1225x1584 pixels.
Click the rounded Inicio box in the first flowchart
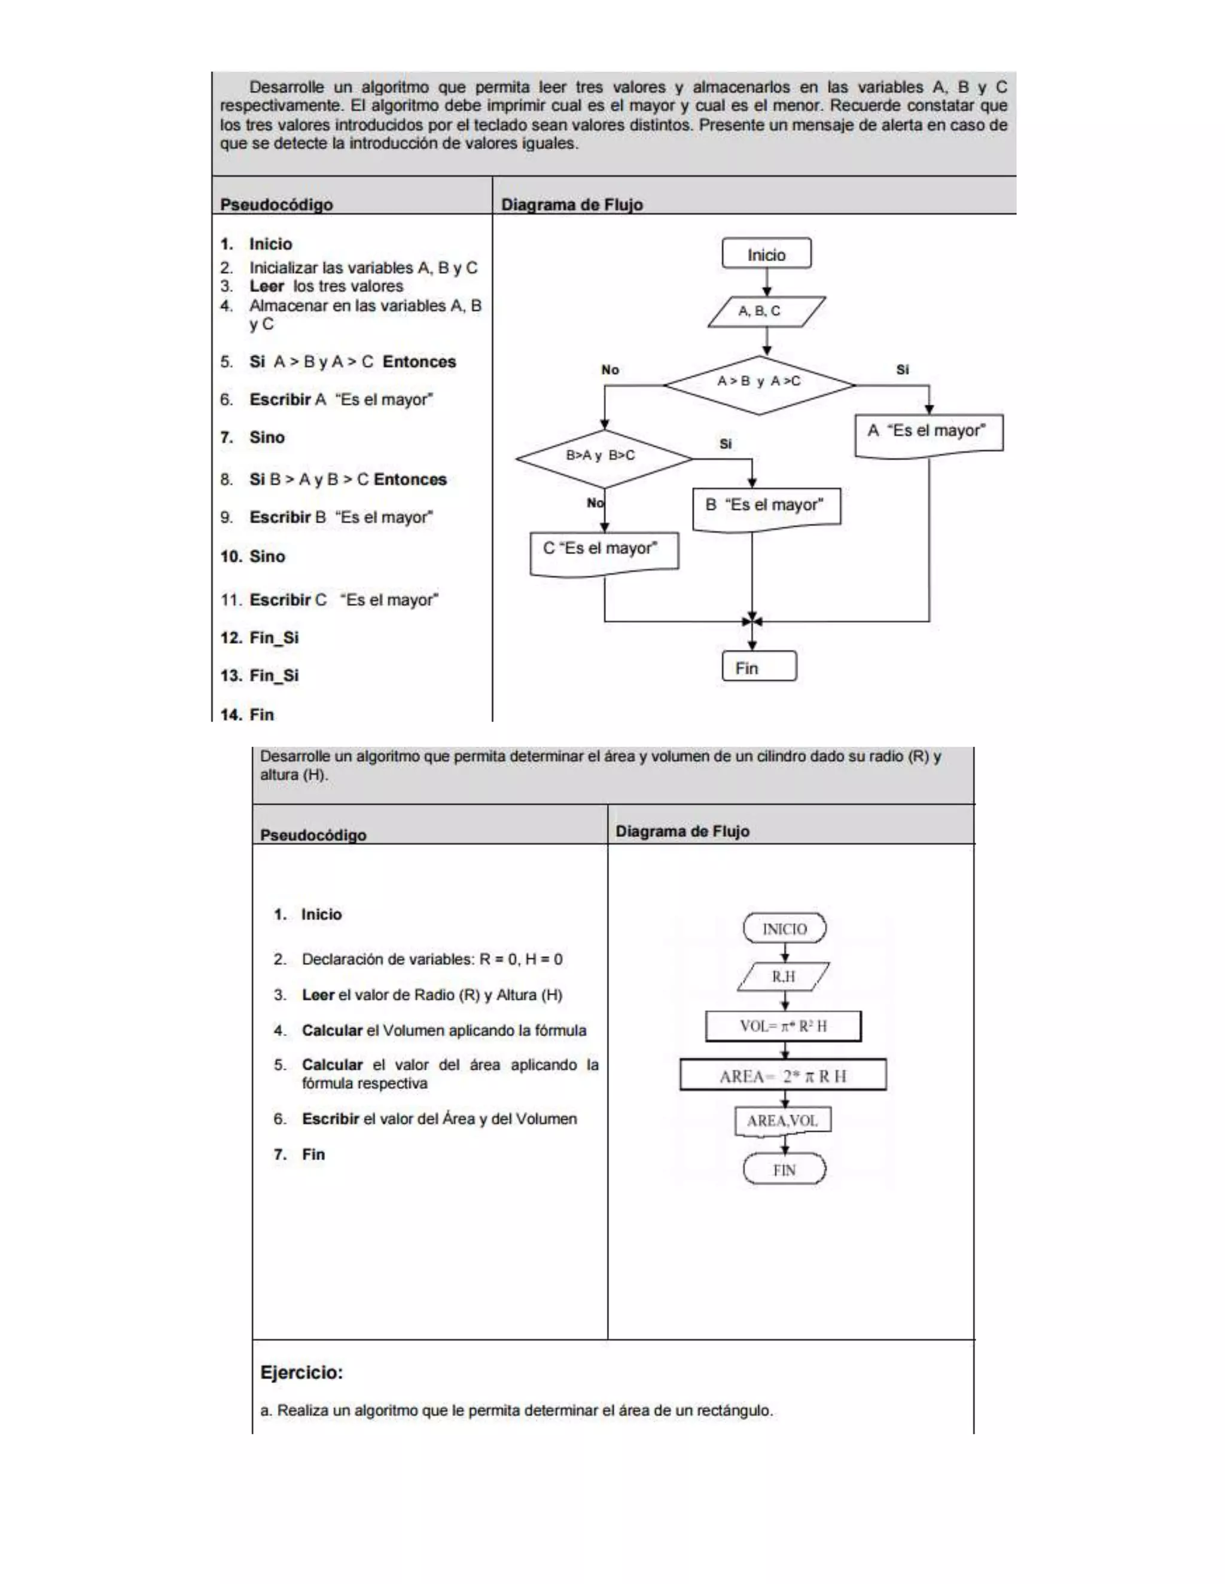[x=766, y=254]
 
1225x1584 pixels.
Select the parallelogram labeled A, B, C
[x=766, y=311]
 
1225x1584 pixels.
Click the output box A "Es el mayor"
[x=928, y=434]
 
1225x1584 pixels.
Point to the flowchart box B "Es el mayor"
[x=766, y=507]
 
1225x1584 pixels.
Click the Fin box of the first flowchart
[x=759, y=666]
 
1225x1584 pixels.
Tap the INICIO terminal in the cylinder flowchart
[x=785, y=928]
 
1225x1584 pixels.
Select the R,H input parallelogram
[x=784, y=977]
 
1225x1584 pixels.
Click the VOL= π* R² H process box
[x=783, y=1026]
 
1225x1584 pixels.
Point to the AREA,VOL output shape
[x=783, y=1121]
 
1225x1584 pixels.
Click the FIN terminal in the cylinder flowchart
[x=785, y=1170]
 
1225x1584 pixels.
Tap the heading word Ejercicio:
[x=301, y=1372]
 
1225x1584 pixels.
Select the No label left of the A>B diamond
[x=610, y=369]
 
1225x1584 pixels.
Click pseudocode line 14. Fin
[x=248, y=714]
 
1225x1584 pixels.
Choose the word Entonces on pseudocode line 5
[x=419, y=361]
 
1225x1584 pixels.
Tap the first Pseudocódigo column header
[x=276, y=204]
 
